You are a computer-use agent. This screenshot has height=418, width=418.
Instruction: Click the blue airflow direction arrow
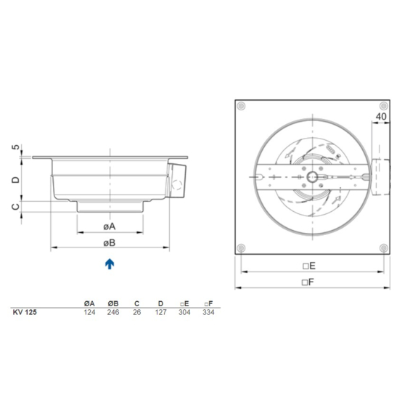109,263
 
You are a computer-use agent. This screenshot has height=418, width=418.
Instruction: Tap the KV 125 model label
25,312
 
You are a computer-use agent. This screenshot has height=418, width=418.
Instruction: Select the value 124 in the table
89,312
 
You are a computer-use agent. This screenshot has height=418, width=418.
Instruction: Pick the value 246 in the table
113,312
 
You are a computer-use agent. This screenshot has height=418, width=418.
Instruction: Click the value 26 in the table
136,312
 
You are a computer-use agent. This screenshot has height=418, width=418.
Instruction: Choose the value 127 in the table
160,312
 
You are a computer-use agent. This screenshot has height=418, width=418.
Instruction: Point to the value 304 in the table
184,312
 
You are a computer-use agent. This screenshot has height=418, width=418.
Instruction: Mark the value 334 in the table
208,312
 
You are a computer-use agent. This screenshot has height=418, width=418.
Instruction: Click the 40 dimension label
380,115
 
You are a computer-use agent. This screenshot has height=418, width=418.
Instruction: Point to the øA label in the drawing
110,224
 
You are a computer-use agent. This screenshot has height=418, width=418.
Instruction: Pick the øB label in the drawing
110,241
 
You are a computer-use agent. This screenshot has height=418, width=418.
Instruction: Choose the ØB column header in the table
113,303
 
